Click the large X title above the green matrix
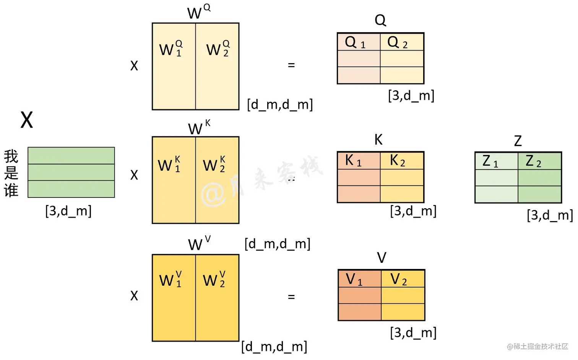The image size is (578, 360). click(x=27, y=120)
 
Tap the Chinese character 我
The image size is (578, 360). click(x=11, y=156)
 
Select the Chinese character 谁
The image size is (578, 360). click(x=11, y=190)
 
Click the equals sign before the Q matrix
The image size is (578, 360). click(x=291, y=65)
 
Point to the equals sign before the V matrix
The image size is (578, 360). click(x=291, y=297)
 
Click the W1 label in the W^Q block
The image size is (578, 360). click(x=171, y=49)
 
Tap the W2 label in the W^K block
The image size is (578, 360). click(x=214, y=165)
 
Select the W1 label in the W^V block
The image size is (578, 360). click(x=171, y=280)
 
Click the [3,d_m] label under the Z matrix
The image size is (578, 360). click(x=550, y=215)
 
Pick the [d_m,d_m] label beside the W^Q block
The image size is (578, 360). click(x=280, y=104)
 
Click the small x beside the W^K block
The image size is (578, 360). click(x=134, y=175)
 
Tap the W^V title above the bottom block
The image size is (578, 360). click(x=199, y=244)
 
